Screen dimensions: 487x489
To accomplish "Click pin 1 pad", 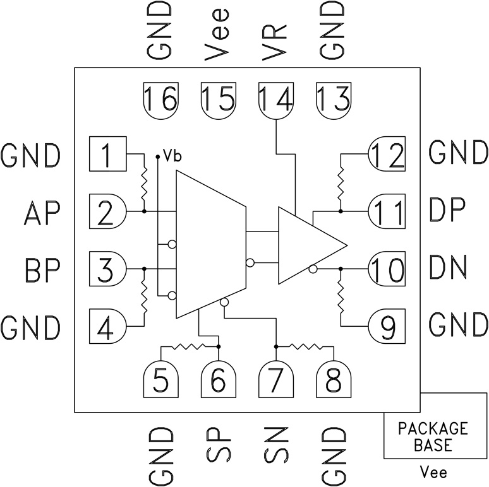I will [109, 153].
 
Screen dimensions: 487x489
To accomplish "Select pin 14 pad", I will [276, 100].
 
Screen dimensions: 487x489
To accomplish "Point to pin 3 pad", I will [109, 269].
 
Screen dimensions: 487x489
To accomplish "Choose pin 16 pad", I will [160, 100].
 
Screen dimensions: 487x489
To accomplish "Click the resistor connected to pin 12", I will [341, 180].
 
